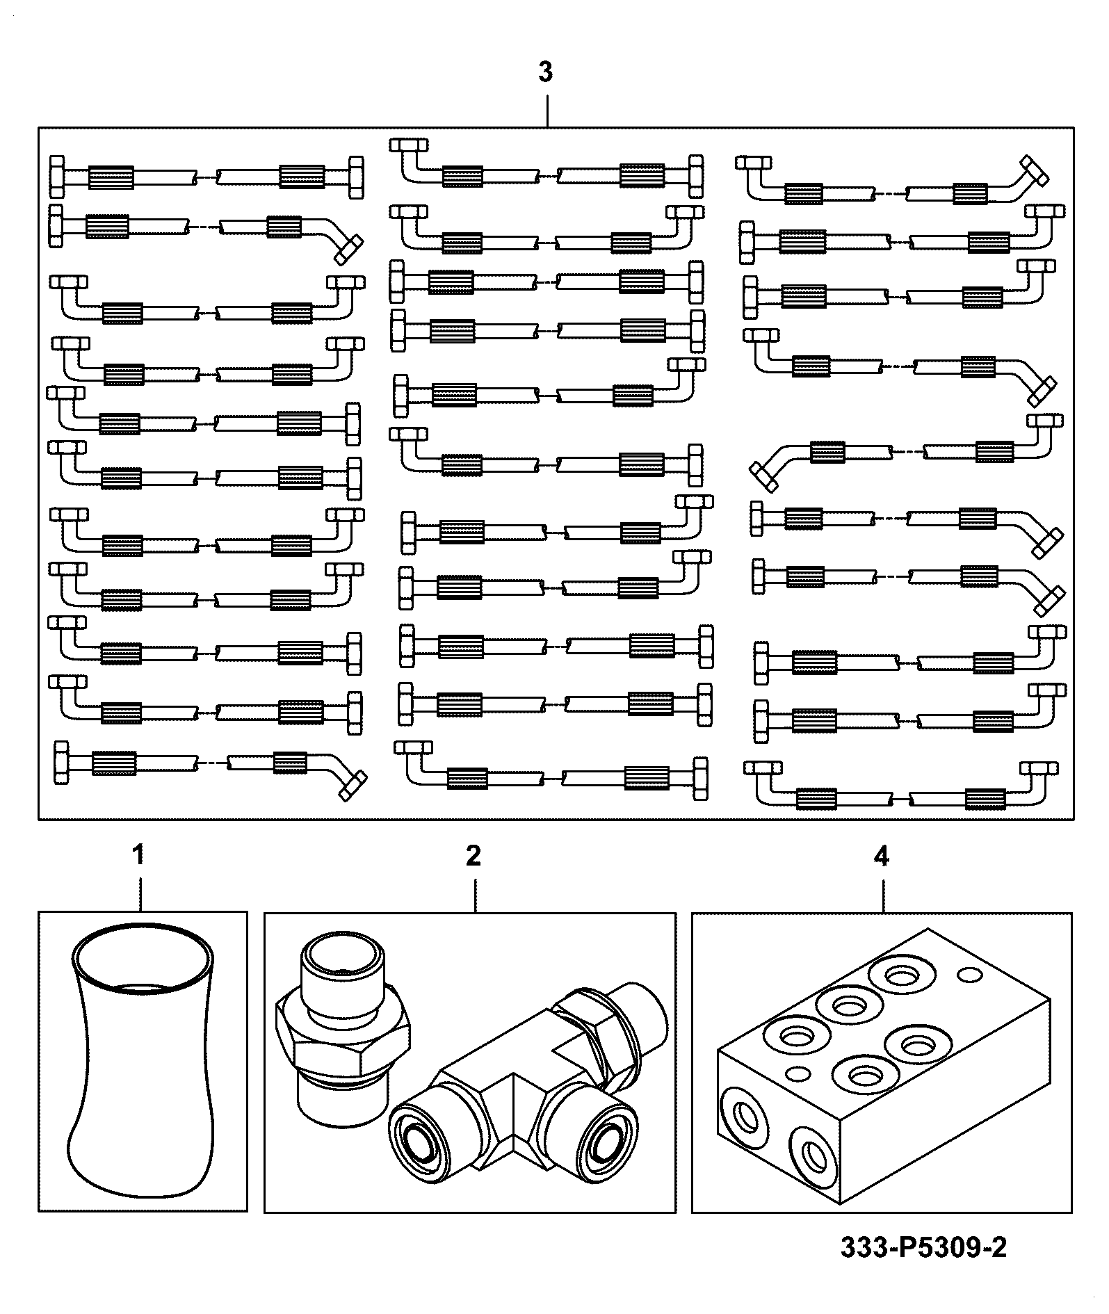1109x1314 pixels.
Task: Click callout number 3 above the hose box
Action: pyautogui.click(x=546, y=72)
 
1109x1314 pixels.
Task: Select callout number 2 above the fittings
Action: pyautogui.click(x=473, y=856)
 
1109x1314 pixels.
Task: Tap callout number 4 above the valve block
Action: pyautogui.click(x=881, y=856)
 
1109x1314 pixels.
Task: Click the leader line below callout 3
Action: pyautogui.click(x=547, y=111)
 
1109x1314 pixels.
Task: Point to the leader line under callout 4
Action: pyautogui.click(x=883, y=896)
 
